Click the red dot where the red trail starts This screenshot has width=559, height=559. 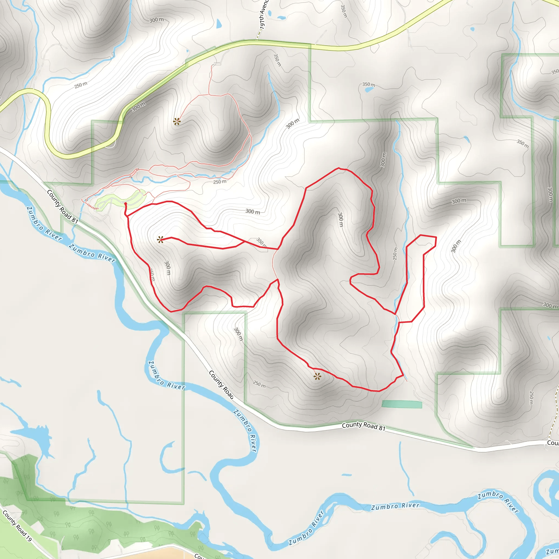click(126, 204)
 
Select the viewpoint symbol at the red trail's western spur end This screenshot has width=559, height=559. click(160, 240)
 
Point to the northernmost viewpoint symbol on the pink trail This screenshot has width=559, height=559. click(177, 121)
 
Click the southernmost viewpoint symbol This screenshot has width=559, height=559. click(317, 376)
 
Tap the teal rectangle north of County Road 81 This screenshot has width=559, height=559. click(402, 404)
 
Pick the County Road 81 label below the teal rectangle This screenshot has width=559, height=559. click(364, 426)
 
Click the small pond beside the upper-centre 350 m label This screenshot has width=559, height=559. click(369, 90)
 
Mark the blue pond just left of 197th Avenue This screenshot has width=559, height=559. click(219, 24)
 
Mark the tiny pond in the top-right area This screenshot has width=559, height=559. click(472, 29)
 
